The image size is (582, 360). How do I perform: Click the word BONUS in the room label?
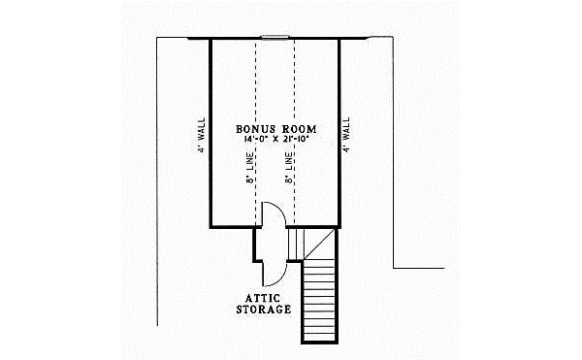pos(254,129)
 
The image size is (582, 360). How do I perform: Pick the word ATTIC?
pos(264,297)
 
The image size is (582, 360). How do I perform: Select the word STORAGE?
pos(264,310)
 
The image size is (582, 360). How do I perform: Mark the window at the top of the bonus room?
pos(275,39)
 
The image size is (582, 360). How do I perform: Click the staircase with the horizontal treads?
pos(317,301)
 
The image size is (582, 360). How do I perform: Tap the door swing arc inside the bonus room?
pos(273,213)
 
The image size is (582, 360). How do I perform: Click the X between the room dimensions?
pos(277,141)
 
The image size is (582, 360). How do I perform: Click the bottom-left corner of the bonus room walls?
pos(211,227)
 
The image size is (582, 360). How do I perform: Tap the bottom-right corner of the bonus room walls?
pos(339,227)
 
